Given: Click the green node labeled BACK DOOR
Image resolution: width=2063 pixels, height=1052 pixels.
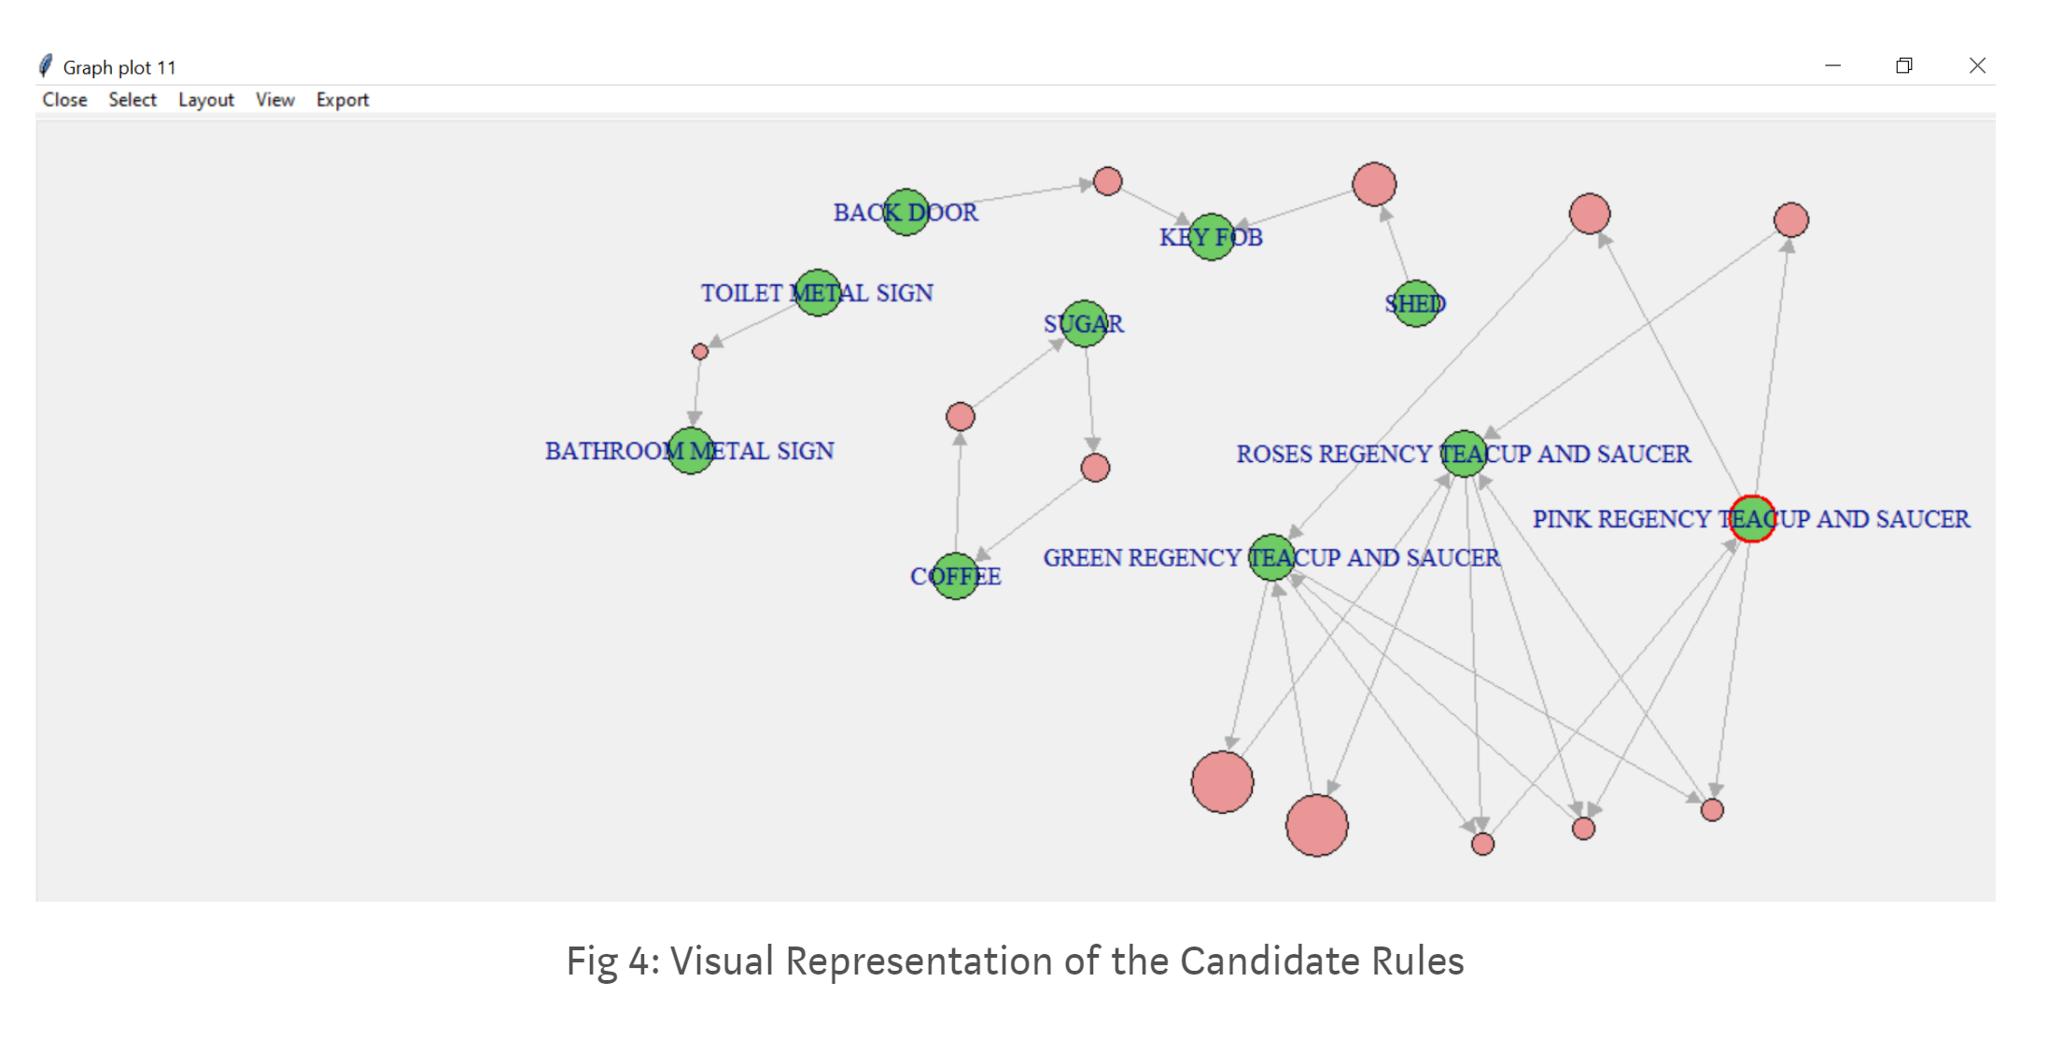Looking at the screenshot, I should (905, 212).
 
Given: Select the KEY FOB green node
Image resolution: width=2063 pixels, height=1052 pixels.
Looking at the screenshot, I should (1211, 237).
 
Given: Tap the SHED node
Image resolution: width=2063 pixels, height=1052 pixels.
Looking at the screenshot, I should (1415, 303).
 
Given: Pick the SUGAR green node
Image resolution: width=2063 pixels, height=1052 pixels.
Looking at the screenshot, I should (1084, 323).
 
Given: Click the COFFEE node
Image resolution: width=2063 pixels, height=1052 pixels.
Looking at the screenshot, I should (955, 576).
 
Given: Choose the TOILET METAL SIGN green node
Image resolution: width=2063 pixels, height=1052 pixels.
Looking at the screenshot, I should (817, 293).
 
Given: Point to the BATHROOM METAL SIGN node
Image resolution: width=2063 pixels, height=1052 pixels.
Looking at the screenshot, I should (691, 451).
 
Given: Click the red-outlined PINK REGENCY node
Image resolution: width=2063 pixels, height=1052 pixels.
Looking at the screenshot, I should (1752, 519).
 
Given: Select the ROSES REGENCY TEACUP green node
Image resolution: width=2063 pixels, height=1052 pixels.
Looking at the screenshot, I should (1464, 454).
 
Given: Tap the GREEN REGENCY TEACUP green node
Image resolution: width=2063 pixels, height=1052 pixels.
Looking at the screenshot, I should (1271, 557).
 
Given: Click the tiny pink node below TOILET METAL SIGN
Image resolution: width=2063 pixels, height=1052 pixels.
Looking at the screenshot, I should (700, 352).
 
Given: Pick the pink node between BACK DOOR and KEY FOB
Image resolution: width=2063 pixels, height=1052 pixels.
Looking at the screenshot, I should (1107, 181).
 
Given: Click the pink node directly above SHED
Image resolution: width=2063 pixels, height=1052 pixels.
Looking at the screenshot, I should (1374, 184).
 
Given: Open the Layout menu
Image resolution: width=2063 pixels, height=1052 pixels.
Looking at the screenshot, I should (205, 100).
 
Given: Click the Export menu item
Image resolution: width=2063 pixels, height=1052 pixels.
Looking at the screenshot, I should (342, 100).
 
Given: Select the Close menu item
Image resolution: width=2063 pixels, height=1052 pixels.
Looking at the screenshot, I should (64, 100).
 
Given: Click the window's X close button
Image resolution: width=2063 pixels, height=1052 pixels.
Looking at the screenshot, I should (1976, 65).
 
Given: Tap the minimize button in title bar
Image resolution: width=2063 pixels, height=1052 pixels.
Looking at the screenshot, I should (1832, 65).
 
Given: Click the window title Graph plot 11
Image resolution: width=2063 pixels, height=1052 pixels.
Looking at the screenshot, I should (119, 67).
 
